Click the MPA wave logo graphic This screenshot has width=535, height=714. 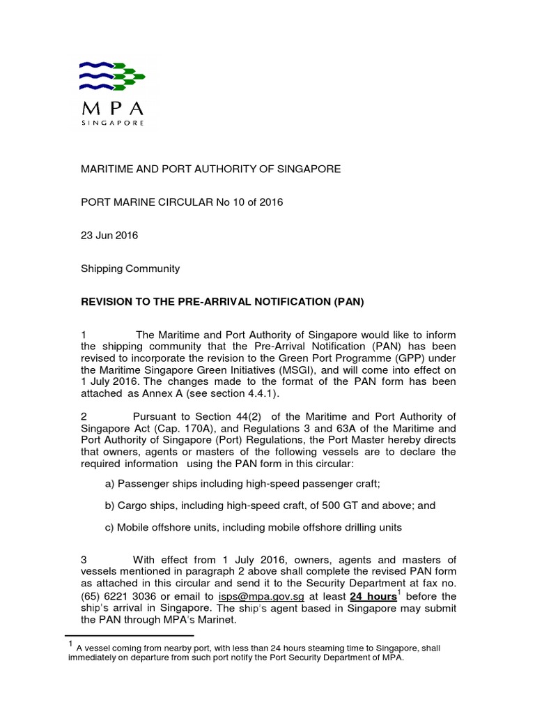[x=111, y=75]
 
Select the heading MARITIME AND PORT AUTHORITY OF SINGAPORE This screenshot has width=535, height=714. [x=211, y=169]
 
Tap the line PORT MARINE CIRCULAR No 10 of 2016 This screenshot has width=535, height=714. [x=183, y=202]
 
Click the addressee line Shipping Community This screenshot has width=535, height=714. [x=131, y=268]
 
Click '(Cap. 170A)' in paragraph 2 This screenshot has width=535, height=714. [x=191, y=429]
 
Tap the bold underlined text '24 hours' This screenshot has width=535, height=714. [x=373, y=596]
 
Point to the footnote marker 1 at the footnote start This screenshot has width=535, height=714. [x=68, y=645]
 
